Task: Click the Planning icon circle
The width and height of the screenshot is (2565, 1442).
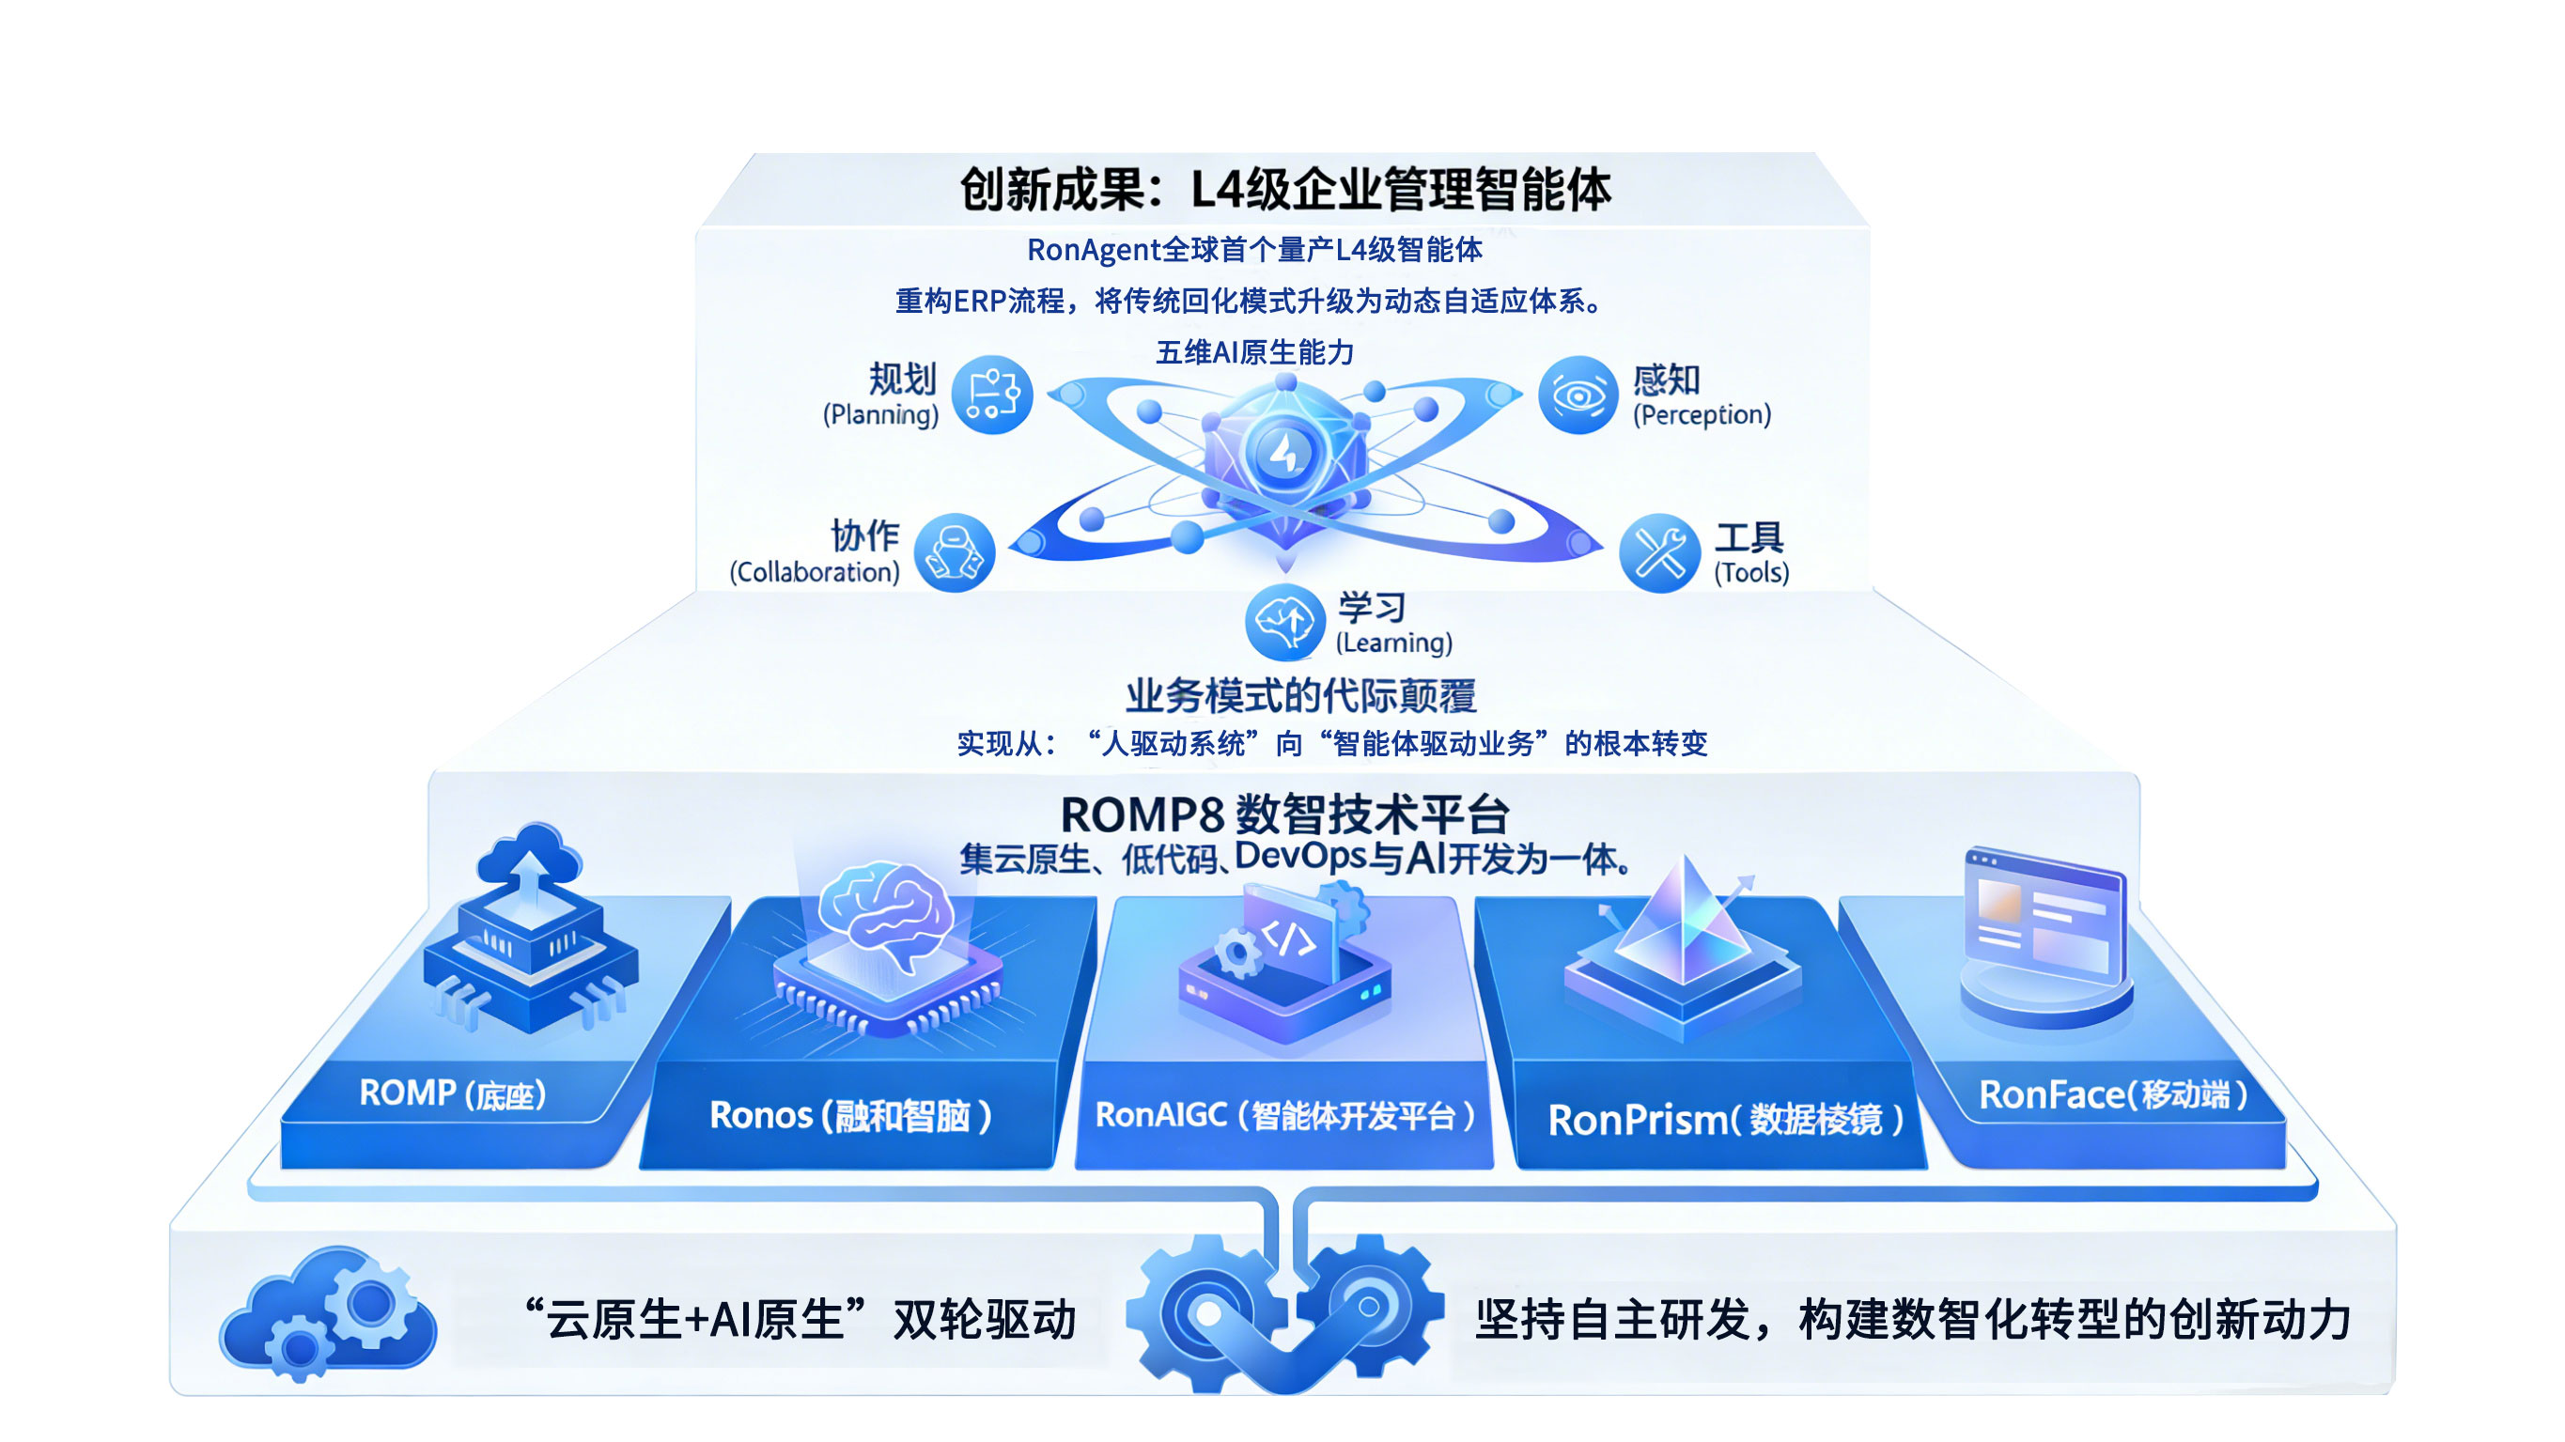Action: point(992,395)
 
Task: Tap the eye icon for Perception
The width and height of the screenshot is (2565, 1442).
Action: point(1578,395)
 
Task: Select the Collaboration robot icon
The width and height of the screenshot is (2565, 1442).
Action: point(954,552)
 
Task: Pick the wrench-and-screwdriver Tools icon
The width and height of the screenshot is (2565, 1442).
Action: point(1659,552)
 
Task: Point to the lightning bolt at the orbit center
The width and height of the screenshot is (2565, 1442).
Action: point(1284,453)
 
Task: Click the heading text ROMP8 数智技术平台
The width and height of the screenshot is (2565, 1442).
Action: point(1284,814)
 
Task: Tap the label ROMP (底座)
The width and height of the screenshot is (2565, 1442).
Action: point(453,1093)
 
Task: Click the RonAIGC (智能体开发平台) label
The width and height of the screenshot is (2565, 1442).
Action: point(1284,1115)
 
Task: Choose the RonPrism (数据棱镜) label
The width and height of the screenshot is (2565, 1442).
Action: point(1726,1121)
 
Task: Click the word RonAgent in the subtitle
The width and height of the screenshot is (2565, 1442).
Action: point(1094,250)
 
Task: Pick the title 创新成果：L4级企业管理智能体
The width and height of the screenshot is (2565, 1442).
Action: point(1284,189)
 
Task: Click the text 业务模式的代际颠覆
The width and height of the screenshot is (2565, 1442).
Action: point(1300,695)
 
